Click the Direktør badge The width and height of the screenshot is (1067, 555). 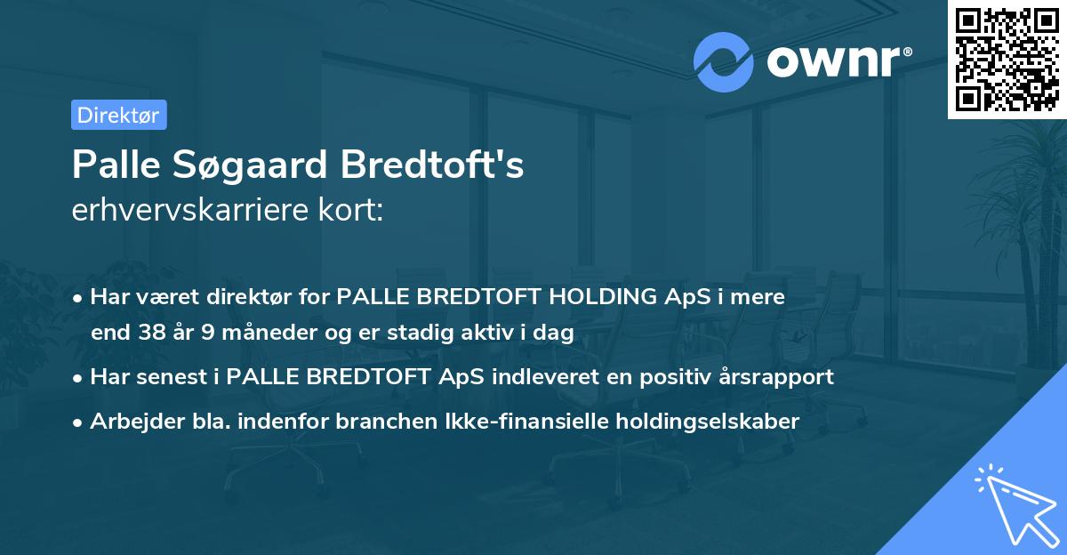(x=118, y=115)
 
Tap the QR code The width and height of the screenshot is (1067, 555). (x=1007, y=59)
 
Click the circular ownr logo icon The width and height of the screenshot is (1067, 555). (x=724, y=61)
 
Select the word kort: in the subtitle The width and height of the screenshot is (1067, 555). (x=352, y=210)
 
